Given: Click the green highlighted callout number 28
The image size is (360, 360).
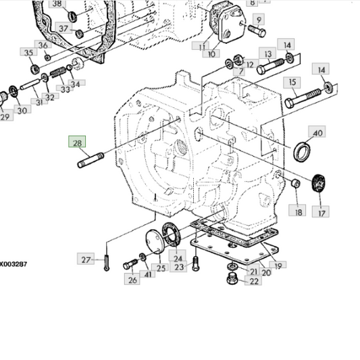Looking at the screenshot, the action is point(77,141).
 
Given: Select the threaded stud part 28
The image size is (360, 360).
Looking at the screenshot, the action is point(91,160).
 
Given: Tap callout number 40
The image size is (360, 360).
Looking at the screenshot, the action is point(317,132).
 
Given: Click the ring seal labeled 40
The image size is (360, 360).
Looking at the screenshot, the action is point(302,152).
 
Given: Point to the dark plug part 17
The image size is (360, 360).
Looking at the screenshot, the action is point(319,183).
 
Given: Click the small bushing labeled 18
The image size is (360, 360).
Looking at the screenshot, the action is point(295,183).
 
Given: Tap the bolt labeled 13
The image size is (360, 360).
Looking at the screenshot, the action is point(270,66).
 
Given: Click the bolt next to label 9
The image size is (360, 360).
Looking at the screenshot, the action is point(257,31).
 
